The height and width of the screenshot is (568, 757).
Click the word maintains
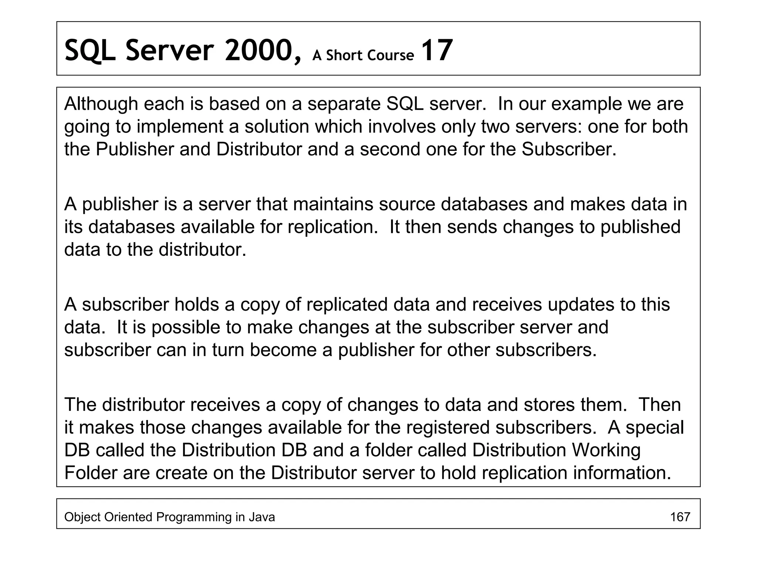(x=333, y=204)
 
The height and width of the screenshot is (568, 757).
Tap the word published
(x=640, y=227)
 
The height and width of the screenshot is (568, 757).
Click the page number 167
(x=680, y=517)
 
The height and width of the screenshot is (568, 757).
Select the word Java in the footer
(x=262, y=517)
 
